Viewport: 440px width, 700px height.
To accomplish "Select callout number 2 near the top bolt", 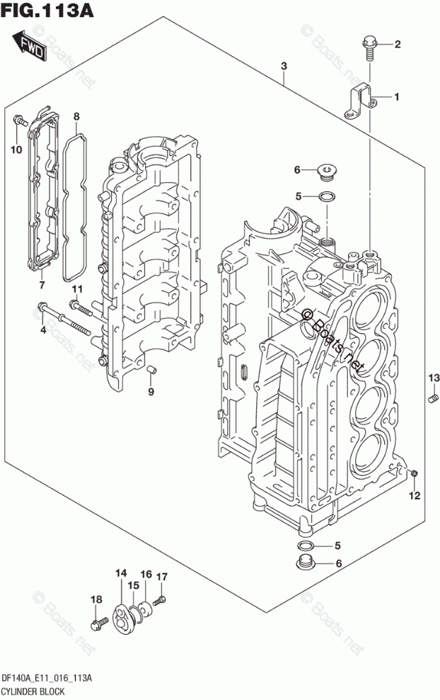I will point(397,45).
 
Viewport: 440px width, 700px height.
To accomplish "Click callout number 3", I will point(283,67).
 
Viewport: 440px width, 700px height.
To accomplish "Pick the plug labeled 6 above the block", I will point(327,169).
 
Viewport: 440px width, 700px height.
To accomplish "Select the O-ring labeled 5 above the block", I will point(327,196).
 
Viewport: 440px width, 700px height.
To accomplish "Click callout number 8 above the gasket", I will point(76,116).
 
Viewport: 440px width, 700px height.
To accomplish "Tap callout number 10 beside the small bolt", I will point(16,149).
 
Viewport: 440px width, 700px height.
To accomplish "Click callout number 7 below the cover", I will point(42,285).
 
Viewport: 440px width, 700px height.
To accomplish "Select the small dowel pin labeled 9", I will point(150,368).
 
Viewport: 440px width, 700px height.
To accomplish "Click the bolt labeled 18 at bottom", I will point(97,624).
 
